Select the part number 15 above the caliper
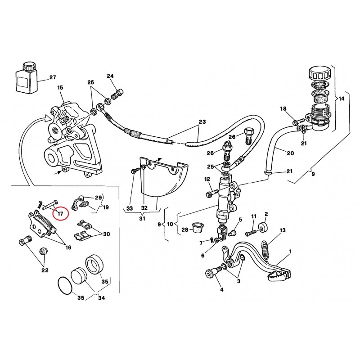(60, 88)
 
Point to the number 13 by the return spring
(282, 230)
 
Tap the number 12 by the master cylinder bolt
(207, 180)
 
